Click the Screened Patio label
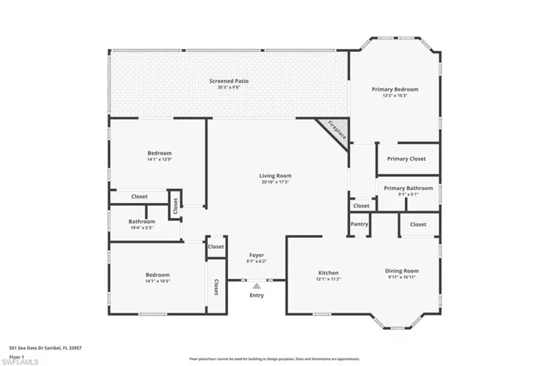230,81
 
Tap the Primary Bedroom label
395,89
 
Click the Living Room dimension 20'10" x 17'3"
275,182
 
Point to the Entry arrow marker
256,286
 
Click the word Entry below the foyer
256,295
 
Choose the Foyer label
256,255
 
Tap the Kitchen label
328,272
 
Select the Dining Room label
401,271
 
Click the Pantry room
359,225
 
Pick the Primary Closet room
406,159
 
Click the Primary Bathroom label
408,188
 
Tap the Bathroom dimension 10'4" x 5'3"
142,227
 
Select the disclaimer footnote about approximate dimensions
274,358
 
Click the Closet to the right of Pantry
418,224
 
